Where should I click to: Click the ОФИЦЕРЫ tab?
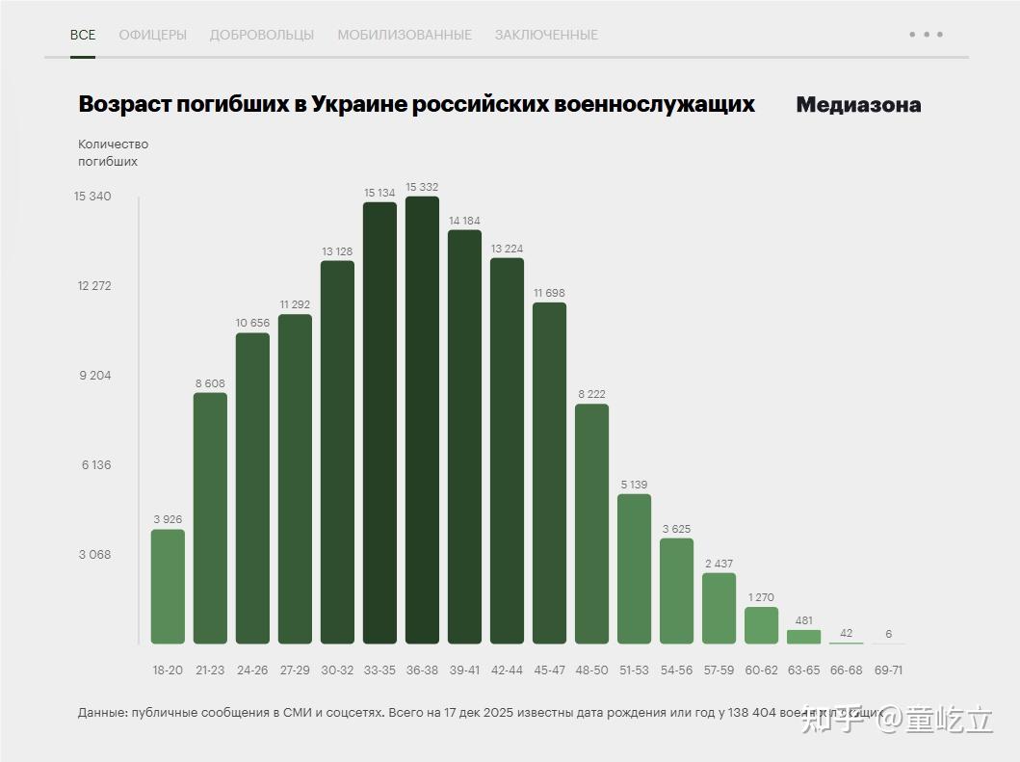(152, 35)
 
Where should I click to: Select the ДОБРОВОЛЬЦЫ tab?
(262, 35)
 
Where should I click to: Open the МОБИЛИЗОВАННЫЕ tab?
(405, 35)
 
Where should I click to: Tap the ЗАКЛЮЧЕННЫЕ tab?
(546, 35)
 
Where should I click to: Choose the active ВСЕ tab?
(83, 35)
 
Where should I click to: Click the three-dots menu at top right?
(926, 35)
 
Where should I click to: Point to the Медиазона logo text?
(858, 105)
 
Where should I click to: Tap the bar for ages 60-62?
(761, 625)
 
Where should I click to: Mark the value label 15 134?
(379, 193)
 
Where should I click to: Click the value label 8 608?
(210, 383)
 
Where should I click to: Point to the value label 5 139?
(634, 485)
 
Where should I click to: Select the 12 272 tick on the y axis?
(93, 286)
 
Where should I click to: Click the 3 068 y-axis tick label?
(93, 555)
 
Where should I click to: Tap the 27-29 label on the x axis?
(295, 670)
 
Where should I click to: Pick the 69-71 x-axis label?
(888, 670)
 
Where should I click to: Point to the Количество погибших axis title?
(113, 153)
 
